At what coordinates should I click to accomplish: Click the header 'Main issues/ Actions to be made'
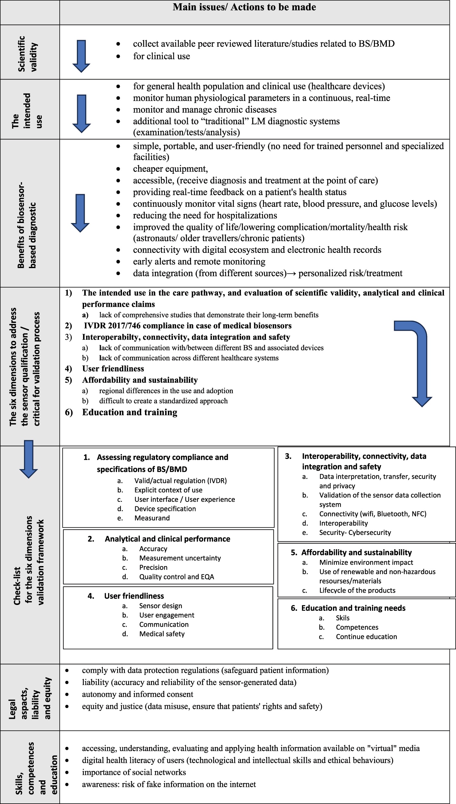point(244,7)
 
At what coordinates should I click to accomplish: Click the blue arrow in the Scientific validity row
point(81,56)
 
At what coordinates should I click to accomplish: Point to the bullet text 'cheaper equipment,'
point(170,169)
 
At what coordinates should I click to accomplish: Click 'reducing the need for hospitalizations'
point(205,216)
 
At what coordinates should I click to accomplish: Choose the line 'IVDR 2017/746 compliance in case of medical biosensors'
point(187,326)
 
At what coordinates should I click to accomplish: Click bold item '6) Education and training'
point(129,412)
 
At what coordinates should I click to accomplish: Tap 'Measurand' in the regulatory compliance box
point(152,518)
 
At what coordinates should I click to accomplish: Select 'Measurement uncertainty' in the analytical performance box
point(180,558)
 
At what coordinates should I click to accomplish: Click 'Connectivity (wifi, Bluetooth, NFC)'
point(373,514)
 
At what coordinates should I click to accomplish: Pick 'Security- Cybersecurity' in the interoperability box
point(355,532)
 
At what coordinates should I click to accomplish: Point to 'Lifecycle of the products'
point(357,590)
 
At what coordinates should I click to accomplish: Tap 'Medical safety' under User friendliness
point(162,634)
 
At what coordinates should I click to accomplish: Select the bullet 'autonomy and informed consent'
point(138,694)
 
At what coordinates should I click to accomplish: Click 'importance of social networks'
point(134,772)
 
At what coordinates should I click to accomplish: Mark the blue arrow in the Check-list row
point(29,459)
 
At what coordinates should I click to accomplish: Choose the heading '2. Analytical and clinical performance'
point(167,539)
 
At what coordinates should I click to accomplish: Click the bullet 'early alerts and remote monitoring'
point(199,262)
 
